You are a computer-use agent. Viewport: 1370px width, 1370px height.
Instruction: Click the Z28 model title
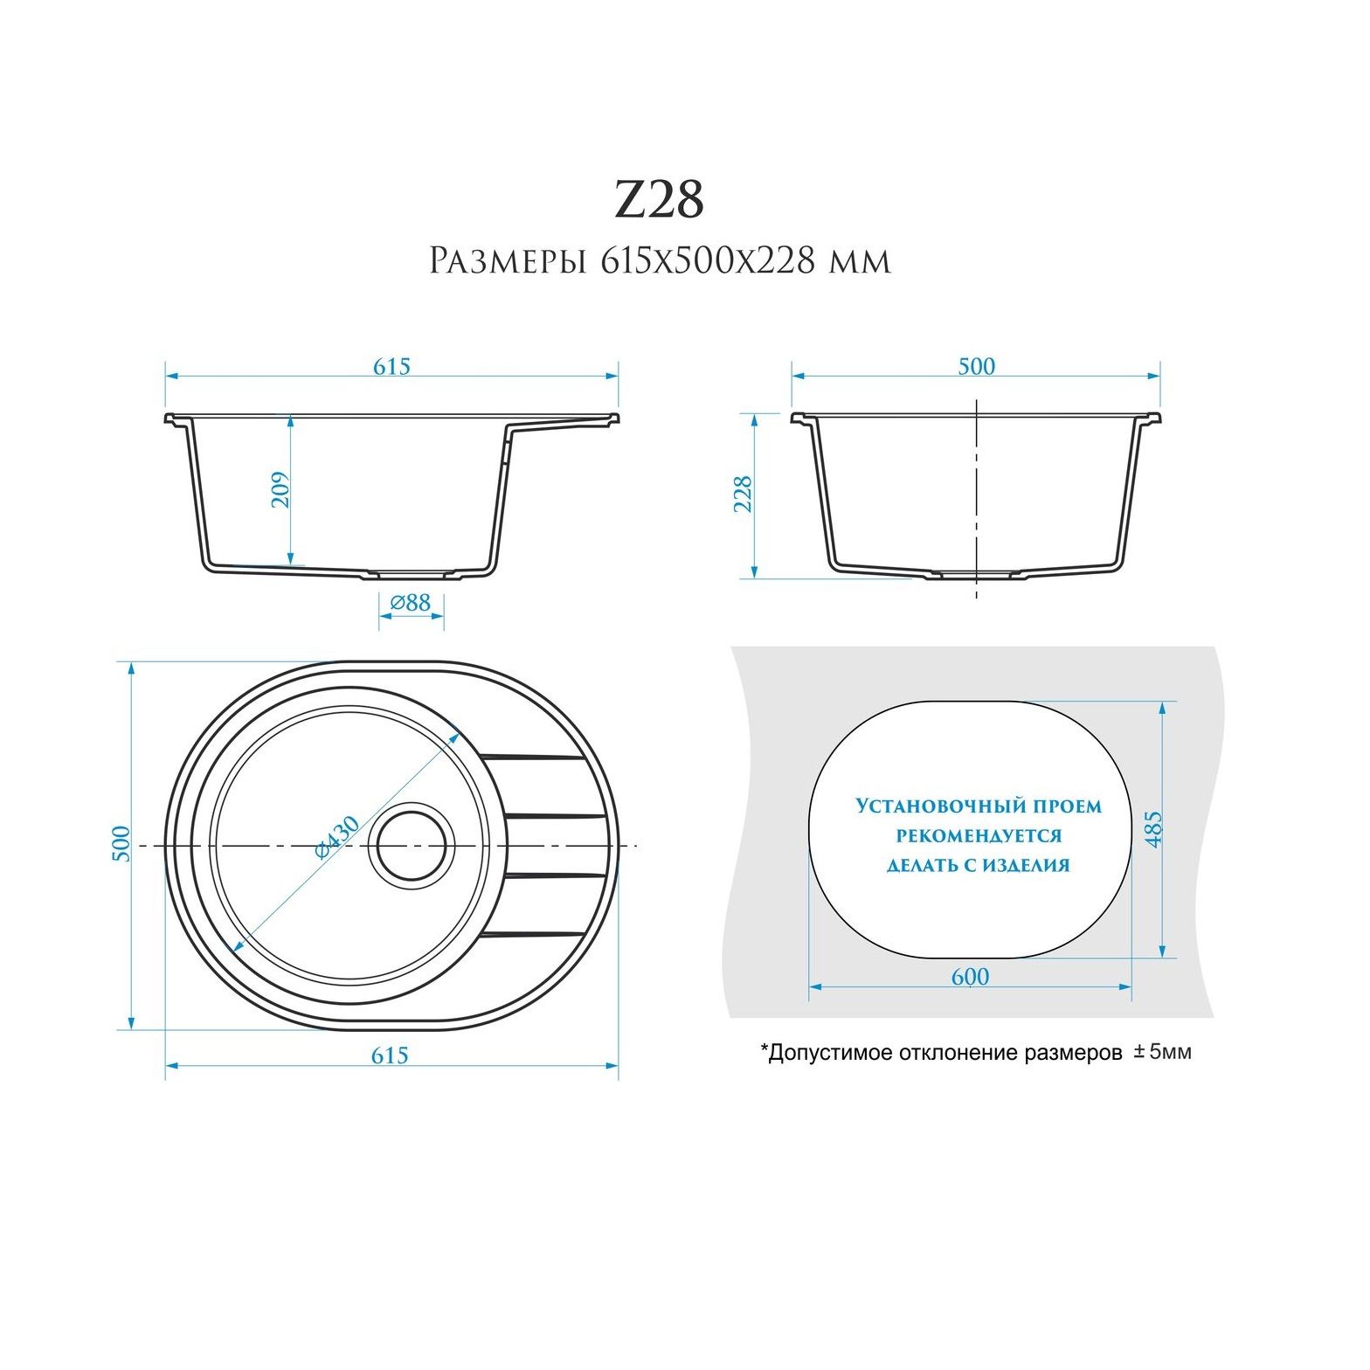[660, 200]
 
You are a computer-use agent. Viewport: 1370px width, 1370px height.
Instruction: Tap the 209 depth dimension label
[280, 490]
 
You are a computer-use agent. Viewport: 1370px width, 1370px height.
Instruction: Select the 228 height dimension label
[743, 494]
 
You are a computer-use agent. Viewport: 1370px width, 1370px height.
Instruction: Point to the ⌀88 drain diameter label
[411, 602]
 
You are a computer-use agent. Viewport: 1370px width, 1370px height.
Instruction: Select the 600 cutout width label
[970, 977]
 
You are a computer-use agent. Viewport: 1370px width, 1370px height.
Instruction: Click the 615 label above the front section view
[391, 366]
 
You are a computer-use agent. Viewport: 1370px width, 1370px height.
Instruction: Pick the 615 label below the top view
[390, 1055]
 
